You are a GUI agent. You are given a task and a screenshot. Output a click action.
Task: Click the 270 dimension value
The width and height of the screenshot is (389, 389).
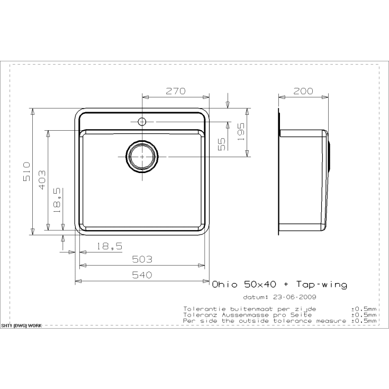click(175, 91)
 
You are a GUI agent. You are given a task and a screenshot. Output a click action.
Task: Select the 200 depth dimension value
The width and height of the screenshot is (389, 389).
click(303, 91)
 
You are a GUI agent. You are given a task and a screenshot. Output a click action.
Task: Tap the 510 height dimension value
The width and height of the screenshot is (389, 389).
click(27, 171)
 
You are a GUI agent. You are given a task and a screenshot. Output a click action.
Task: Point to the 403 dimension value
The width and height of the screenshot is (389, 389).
click(42, 180)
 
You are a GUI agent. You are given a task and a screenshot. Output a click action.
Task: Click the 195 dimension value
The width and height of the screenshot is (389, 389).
click(241, 132)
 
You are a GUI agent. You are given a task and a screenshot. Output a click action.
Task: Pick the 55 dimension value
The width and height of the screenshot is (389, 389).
click(222, 144)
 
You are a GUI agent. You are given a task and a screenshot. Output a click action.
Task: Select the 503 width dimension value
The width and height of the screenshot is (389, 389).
click(142, 259)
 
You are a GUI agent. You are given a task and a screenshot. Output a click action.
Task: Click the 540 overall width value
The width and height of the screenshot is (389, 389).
click(142, 275)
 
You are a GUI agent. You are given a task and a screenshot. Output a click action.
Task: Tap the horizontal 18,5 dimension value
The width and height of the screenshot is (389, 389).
click(110, 246)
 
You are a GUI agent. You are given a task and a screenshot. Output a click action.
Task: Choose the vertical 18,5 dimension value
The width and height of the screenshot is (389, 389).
click(57, 200)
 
